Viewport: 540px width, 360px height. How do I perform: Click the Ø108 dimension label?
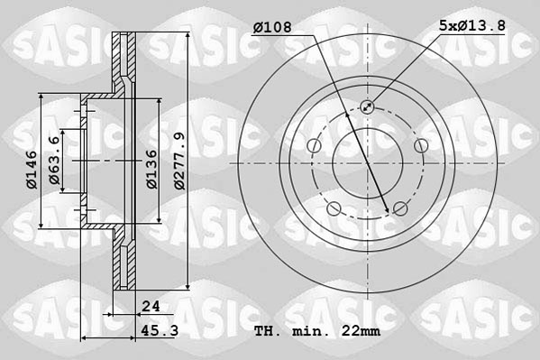272,28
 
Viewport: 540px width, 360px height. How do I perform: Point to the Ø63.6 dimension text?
54,160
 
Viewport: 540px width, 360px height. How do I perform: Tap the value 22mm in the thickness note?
360,331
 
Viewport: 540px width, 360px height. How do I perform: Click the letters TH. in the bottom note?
267,331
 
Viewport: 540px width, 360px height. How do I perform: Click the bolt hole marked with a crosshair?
368,107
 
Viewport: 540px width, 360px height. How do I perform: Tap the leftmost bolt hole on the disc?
314,146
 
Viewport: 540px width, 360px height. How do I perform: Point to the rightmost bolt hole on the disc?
421,146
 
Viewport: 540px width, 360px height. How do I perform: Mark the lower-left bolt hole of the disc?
334,210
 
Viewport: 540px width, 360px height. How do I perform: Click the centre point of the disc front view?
368,162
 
